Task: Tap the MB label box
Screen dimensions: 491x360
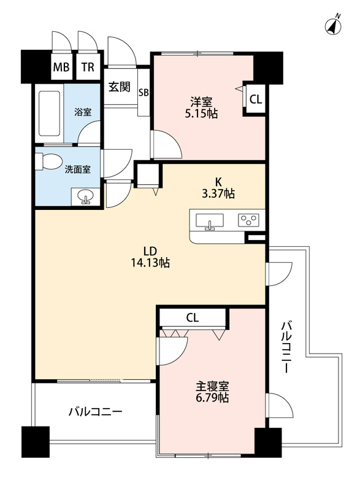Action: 61,68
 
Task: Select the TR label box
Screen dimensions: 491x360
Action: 88,68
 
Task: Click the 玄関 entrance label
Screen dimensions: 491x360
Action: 120,87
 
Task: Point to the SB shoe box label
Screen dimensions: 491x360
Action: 144,93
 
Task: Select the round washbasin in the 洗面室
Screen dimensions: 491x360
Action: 85,196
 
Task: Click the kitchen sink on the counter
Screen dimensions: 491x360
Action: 210,220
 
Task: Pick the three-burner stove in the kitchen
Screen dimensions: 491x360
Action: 249,219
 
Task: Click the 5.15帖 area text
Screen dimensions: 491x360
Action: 203,114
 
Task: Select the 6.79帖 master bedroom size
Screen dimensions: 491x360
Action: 212,398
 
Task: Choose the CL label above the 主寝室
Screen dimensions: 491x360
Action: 193,317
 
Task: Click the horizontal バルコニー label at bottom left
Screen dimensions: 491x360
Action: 95,411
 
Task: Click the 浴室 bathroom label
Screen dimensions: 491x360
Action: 83,112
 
